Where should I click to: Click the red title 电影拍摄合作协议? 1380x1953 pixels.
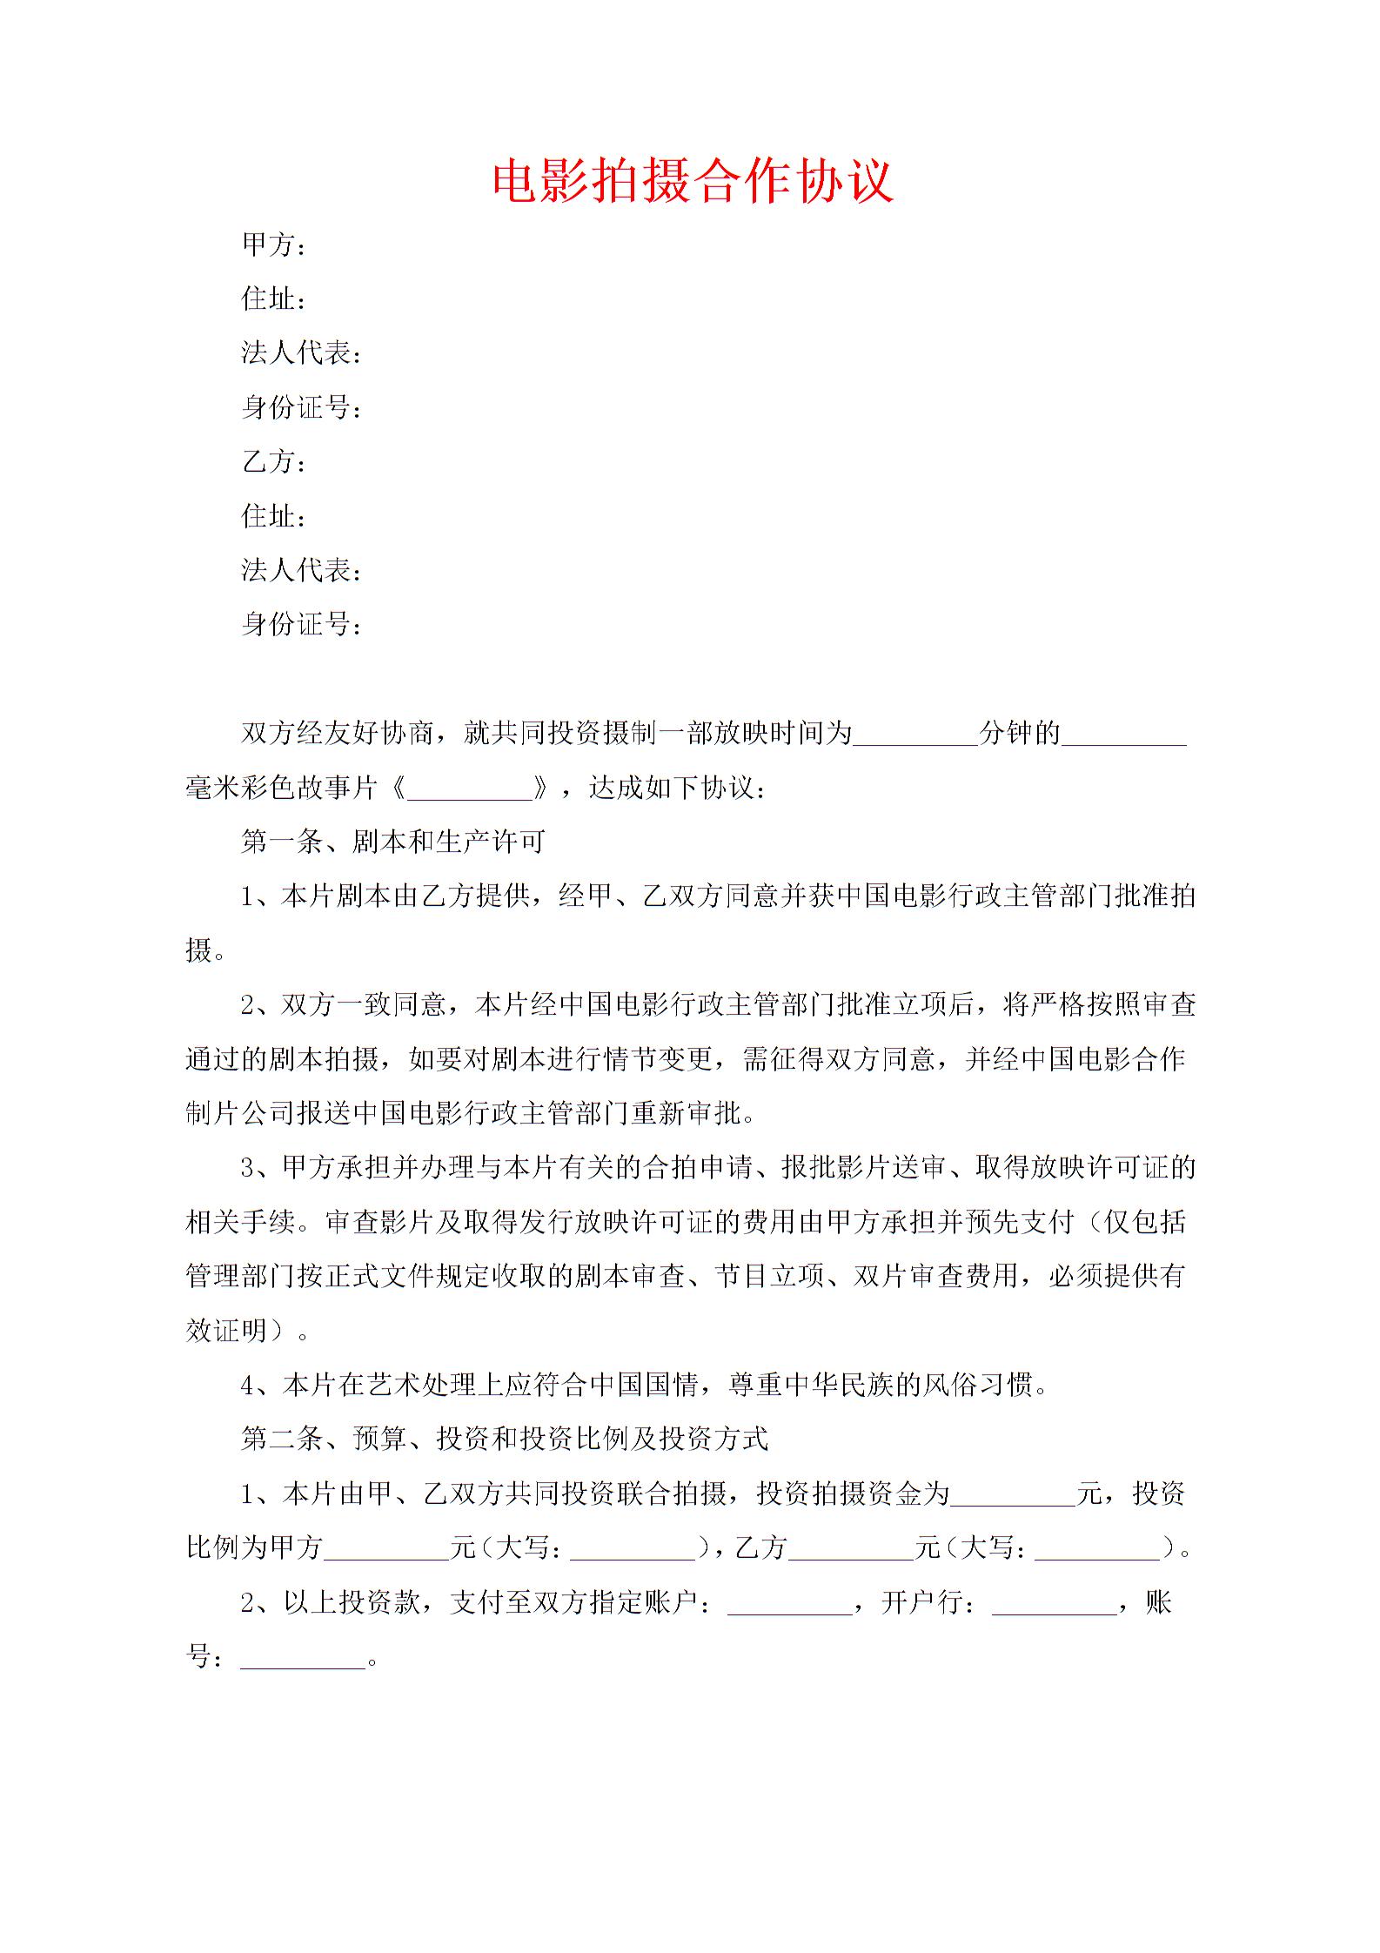(693, 181)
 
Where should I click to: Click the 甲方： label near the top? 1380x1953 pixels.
(273, 245)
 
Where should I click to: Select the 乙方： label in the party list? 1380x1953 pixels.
(273, 462)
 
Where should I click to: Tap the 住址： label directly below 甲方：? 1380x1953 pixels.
(273, 299)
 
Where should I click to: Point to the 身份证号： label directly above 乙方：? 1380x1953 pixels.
(301, 407)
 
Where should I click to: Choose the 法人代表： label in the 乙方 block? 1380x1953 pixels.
(301, 571)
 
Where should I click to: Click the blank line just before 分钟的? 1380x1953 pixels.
(915, 734)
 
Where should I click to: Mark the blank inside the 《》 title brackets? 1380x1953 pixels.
(470, 789)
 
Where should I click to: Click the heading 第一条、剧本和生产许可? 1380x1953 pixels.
(393, 842)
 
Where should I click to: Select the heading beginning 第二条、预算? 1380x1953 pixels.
(505, 1439)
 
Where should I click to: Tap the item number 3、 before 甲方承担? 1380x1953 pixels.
(258, 1168)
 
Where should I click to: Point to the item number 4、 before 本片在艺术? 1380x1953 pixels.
(258, 1385)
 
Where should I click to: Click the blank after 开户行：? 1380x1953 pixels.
(1054, 1602)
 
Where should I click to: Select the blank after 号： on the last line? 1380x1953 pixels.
(302, 1656)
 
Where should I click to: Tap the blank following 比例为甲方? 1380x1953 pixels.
(386, 1547)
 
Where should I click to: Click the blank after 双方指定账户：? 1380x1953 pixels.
(789, 1602)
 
